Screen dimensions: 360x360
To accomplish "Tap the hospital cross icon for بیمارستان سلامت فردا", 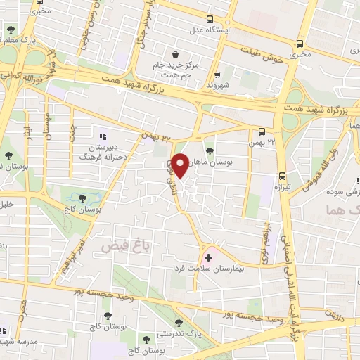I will (x=208, y=257).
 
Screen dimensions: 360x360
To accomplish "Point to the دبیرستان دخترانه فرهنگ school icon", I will (x=103, y=136).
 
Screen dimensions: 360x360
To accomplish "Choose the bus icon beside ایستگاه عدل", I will (x=210, y=20).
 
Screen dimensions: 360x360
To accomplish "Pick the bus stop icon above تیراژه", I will (x=282, y=176).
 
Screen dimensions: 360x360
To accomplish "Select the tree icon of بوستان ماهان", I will (x=210, y=150).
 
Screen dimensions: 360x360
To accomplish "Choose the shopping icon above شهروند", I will (x=217, y=72).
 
